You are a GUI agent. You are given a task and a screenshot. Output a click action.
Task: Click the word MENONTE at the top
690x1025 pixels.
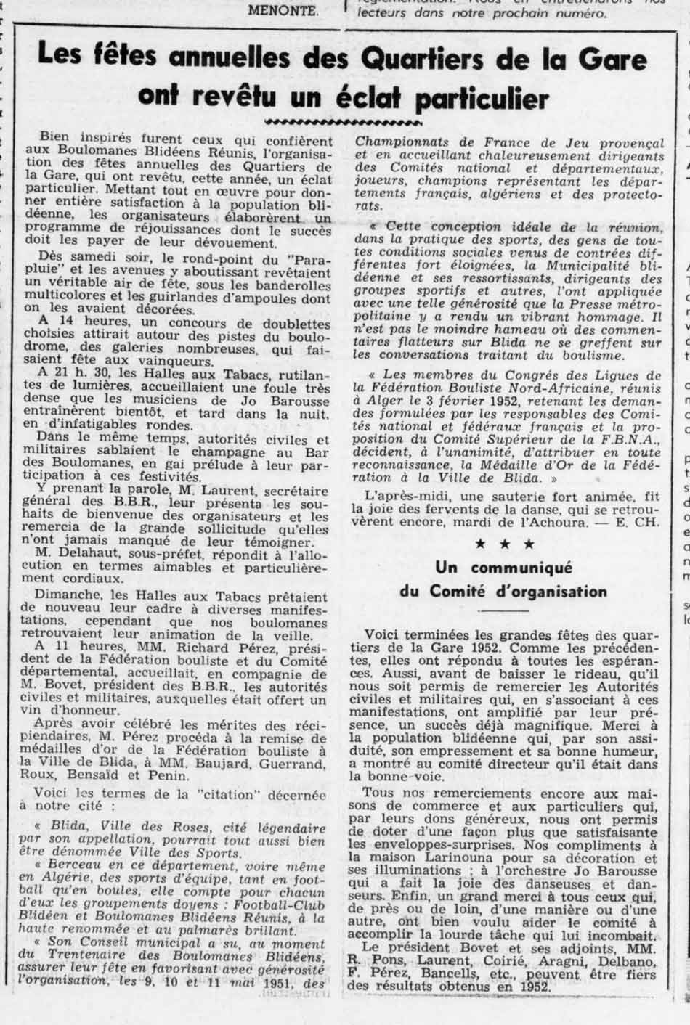coord(283,10)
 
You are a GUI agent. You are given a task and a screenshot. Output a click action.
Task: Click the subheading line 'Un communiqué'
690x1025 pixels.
coord(503,568)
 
